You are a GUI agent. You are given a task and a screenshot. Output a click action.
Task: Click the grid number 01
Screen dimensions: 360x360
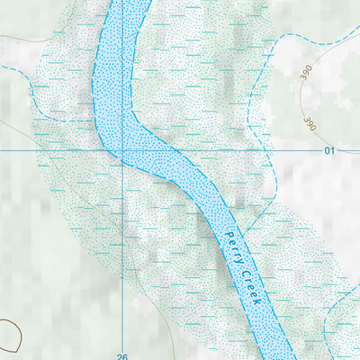pyautogui.click(x=329, y=150)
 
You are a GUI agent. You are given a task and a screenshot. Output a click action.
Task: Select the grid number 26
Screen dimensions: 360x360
pyautogui.click(x=122, y=355)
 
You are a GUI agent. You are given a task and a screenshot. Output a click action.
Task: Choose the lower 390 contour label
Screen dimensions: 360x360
pyautogui.click(x=311, y=123)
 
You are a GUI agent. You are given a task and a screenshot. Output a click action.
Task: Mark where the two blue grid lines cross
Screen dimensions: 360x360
pyautogui.click(x=122, y=150)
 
